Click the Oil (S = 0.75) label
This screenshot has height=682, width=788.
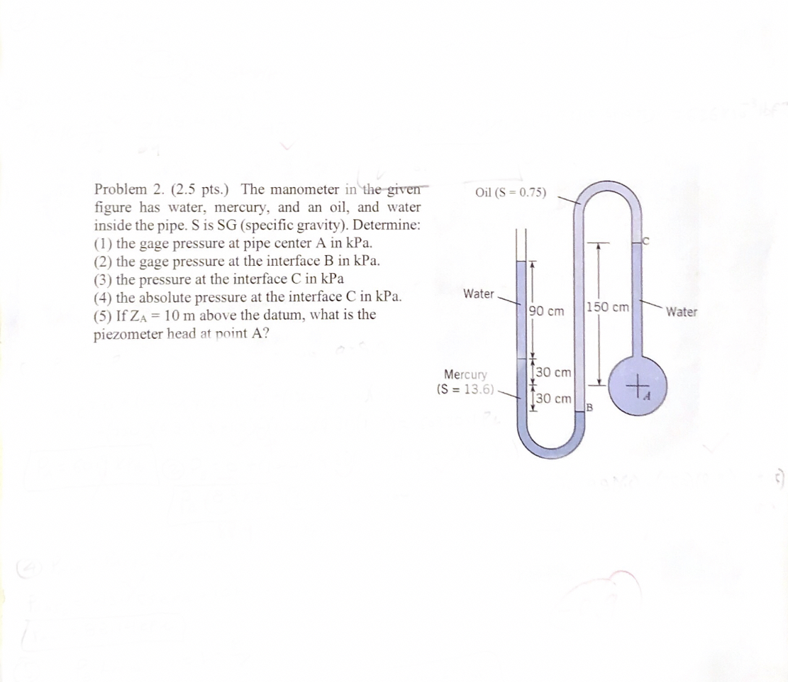(x=511, y=193)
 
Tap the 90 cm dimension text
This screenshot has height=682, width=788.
(x=547, y=311)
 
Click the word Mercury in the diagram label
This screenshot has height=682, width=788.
(x=465, y=374)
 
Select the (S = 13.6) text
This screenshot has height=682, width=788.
(x=466, y=389)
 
